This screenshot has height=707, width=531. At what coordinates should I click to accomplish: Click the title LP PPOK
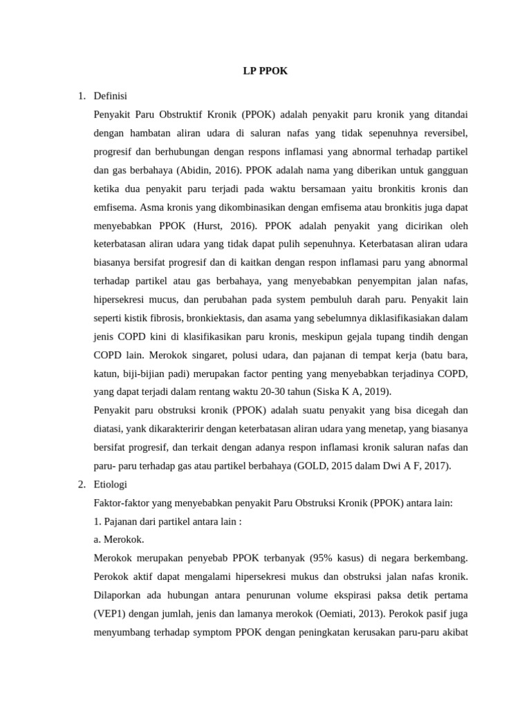[x=265, y=71]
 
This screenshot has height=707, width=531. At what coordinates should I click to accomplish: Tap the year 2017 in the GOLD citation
[x=436, y=465]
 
